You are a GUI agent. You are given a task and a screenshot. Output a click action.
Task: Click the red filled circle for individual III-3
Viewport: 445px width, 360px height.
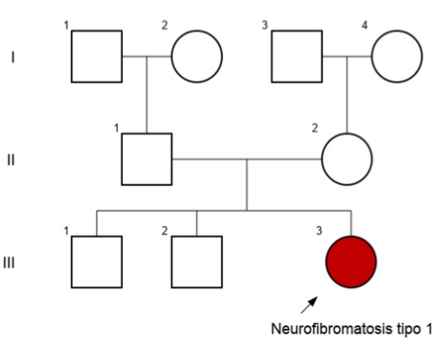coord(351,262)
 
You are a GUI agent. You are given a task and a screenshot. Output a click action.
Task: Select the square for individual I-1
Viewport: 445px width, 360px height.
coord(97,56)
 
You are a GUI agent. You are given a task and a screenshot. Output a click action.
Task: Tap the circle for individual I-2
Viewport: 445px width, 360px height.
coord(196,56)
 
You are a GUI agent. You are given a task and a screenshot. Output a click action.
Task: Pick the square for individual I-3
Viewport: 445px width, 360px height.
coord(297,56)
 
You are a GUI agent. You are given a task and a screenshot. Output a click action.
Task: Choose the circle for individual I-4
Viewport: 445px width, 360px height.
coord(397,56)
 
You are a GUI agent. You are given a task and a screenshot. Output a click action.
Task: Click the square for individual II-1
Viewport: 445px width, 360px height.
coord(147,159)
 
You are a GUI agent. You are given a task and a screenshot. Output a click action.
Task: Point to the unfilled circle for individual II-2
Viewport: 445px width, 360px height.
coord(347,159)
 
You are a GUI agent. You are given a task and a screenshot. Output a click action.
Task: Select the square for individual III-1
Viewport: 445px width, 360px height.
coord(97,262)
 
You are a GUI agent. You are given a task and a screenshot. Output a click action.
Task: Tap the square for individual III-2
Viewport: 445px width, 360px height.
coord(196,262)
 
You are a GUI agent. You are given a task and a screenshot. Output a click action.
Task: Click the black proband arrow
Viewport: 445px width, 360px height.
coord(309,305)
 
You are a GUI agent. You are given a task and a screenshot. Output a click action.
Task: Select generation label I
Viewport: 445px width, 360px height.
coord(12,57)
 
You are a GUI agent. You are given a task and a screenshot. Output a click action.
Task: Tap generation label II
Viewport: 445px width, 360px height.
coord(11,160)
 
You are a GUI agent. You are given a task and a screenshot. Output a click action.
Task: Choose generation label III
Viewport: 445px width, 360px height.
coord(9,263)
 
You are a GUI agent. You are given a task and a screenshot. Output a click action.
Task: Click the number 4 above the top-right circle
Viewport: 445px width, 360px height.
coord(364,26)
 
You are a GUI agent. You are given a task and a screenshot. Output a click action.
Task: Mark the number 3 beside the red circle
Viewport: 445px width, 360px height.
coord(319,231)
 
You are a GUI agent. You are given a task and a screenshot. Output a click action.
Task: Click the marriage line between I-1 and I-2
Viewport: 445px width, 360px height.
coord(147,56)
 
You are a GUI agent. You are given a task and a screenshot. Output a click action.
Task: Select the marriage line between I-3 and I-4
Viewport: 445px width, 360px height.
coord(347,56)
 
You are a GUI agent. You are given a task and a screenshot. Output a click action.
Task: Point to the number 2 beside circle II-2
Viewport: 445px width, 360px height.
coord(315,128)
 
